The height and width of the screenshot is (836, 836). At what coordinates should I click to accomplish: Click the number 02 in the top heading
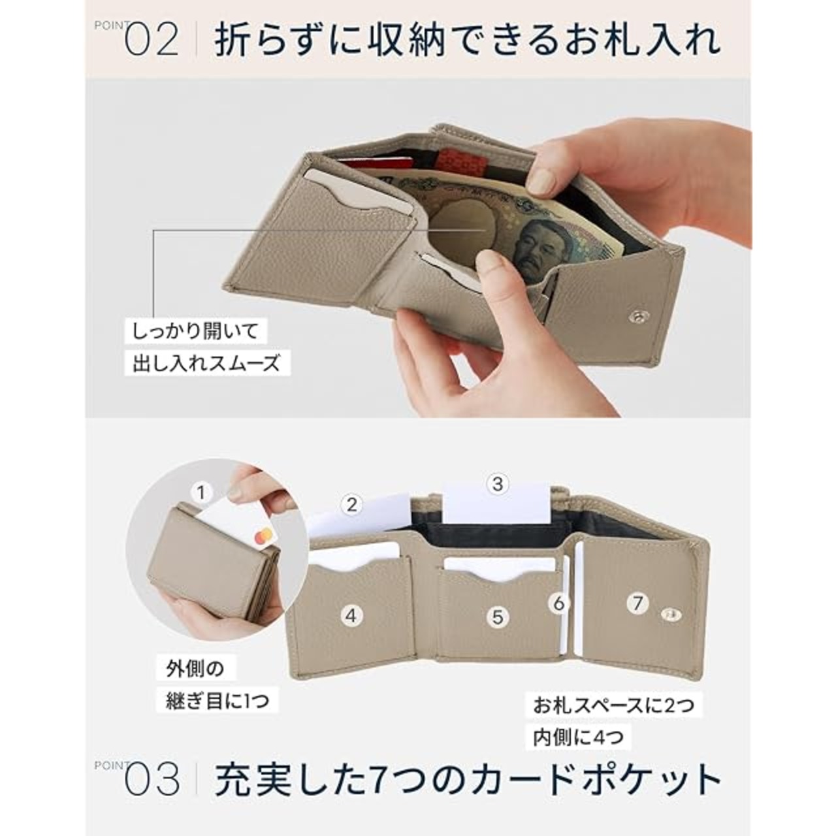point(152,40)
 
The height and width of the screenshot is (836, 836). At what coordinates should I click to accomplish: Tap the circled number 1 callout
point(201,493)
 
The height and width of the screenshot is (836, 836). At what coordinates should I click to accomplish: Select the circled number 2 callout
point(351,505)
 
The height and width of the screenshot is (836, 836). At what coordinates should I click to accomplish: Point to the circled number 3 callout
point(498,484)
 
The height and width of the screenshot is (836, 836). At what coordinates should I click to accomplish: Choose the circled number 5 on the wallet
point(498,617)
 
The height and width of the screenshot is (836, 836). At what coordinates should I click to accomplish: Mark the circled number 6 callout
point(559,603)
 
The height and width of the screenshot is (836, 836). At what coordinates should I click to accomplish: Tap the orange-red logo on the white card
point(263,536)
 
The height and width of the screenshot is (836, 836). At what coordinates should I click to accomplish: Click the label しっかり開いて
point(195,332)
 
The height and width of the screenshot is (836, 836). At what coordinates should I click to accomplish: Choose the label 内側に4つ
point(578,737)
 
